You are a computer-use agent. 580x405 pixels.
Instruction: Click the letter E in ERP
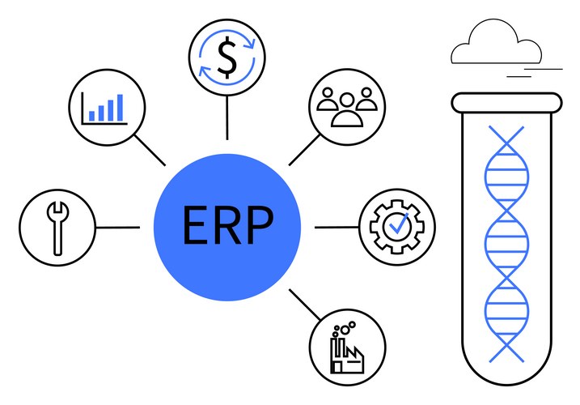tap(195, 225)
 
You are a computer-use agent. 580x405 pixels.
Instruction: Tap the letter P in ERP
tap(260, 225)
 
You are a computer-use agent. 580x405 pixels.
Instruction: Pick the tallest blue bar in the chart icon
tap(120, 108)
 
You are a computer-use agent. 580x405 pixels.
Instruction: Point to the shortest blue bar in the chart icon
tap(91, 116)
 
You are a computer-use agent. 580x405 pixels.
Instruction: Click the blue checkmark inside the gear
tap(398, 224)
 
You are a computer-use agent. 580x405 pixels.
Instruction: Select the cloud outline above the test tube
tap(496, 42)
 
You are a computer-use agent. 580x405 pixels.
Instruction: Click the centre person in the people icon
tap(346, 110)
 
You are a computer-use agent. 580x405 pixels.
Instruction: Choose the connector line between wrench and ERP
tap(117, 228)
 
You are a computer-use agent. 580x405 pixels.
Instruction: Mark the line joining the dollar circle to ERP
tap(226, 117)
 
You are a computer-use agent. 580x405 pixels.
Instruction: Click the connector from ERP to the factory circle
tap(305, 305)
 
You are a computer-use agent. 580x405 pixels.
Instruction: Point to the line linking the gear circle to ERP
tap(337, 227)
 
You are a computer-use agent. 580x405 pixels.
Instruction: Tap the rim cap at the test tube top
tap(506, 103)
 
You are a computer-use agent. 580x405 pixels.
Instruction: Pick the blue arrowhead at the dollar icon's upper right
tap(250, 43)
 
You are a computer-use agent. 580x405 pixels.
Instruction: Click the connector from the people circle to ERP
tap(304, 150)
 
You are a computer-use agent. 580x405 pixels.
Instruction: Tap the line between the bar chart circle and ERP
tap(150, 150)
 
